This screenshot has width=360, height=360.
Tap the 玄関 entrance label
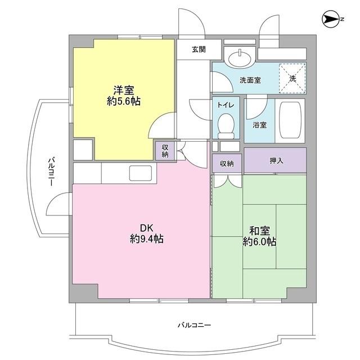(x=198, y=49)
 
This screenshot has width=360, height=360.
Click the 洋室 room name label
(x=124, y=90)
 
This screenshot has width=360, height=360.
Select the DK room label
(x=146, y=228)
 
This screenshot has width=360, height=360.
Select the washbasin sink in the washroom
(x=240, y=56)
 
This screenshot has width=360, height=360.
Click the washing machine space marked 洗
(x=292, y=79)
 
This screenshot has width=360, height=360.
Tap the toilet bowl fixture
(x=226, y=125)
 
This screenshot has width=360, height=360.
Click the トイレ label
(x=226, y=105)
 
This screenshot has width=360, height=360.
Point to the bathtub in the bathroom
(x=292, y=121)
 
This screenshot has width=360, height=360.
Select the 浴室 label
(x=259, y=124)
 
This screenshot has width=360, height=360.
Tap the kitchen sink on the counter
(x=141, y=173)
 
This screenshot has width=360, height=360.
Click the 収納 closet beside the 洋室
(x=165, y=151)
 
